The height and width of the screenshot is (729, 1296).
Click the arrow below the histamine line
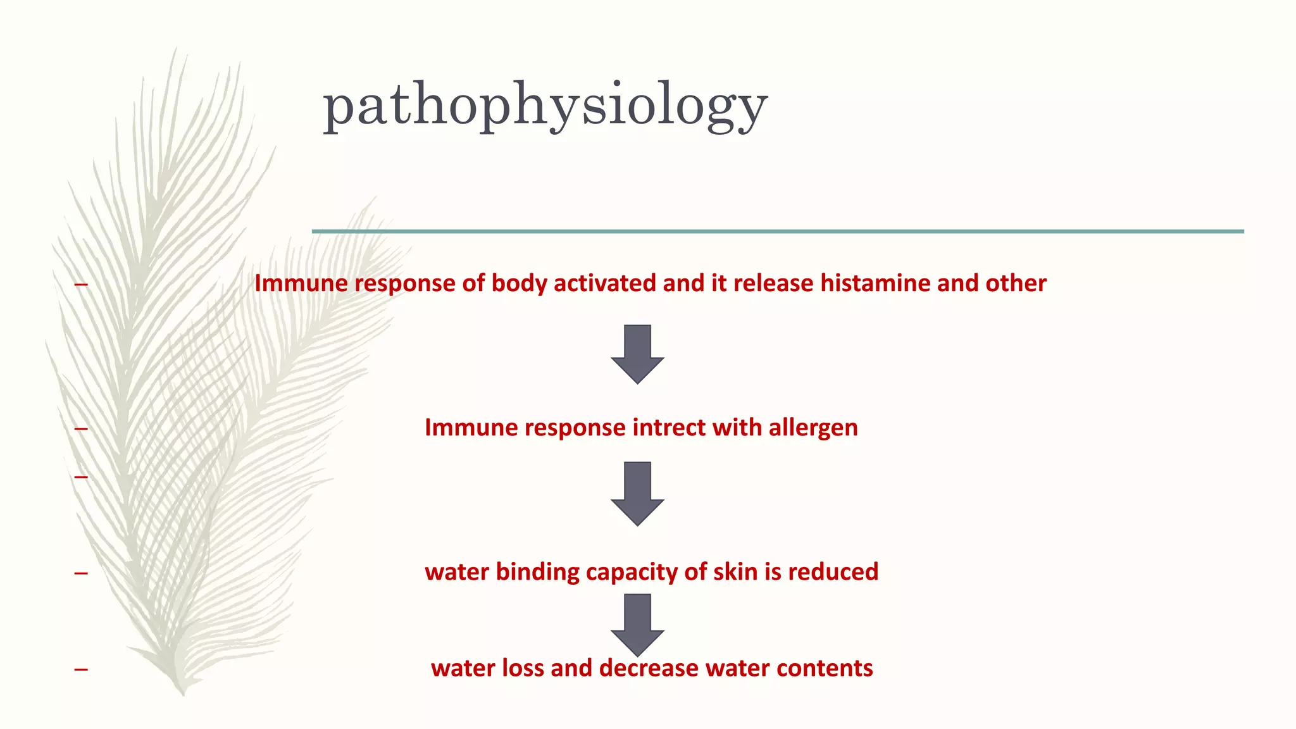(637, 354)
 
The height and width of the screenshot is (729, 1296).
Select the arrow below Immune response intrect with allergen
(637, 494)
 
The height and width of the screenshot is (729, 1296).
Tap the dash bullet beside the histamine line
(80, 285)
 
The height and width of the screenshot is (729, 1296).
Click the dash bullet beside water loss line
(80, 669)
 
